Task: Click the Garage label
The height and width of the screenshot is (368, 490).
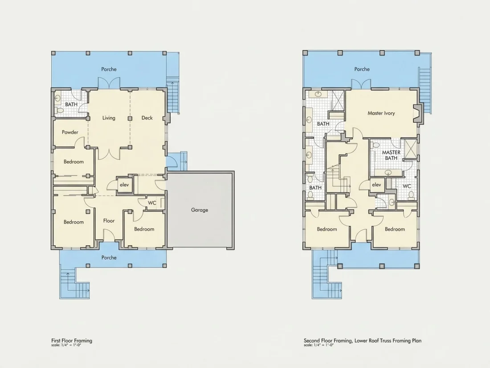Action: pos(200,210)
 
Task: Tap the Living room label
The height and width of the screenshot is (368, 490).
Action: pos(109,118)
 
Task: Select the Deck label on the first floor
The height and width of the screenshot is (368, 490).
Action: pos(147,118)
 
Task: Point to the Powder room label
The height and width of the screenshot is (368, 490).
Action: pos(70,132)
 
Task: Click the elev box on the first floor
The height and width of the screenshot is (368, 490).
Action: pos(124,185)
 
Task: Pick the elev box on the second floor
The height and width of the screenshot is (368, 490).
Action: pos(376,185)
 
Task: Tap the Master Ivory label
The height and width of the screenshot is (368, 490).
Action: pos(381,113)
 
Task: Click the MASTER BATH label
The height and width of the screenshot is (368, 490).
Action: pos(391,155)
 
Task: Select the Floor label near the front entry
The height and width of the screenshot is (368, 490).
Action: pos(109,221)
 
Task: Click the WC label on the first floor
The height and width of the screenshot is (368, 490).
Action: pos(152,203)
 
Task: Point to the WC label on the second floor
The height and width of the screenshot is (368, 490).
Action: pos(407,186)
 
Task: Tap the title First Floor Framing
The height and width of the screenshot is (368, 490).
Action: pos(72,340)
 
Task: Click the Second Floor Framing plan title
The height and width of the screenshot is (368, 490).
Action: pos(363,340)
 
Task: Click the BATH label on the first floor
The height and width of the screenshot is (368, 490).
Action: pos(71,104)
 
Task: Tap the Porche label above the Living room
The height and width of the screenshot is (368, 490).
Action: pos(109,69)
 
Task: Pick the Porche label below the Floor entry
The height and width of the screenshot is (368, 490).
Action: pos(109,257)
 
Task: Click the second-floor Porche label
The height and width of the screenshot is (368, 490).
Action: pos(362,69)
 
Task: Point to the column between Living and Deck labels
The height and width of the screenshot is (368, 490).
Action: pos(130,119)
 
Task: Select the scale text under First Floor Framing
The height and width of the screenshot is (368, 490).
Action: pos(66,345)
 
